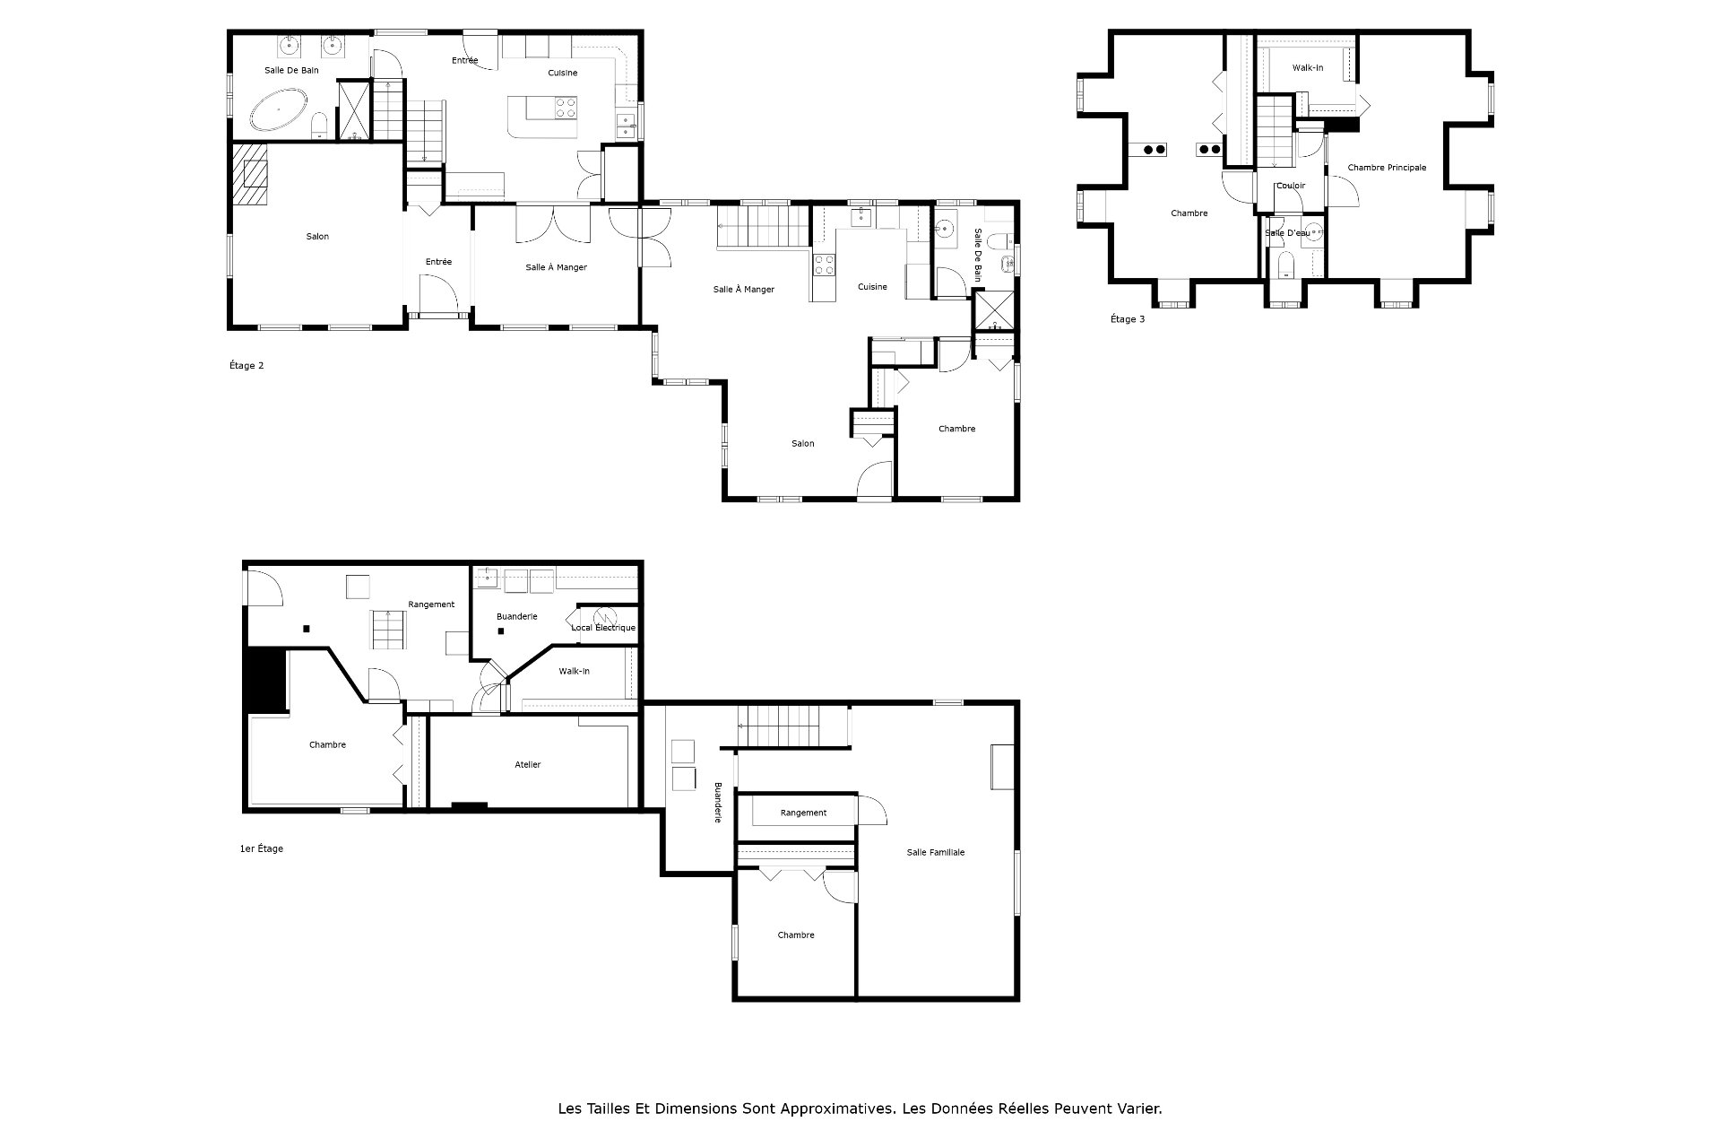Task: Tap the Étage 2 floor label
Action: [246, 366]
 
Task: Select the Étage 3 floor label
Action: [1128, 319]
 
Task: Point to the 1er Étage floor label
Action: [262, 848]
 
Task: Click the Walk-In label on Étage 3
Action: [1308, 68]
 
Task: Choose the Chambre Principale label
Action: [1387, 168]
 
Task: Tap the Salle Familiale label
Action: [936, 852]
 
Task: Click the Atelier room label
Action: [528, 765]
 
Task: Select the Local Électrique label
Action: [603, 628]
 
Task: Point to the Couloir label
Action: [1291, 186]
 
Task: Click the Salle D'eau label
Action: [1287, 233]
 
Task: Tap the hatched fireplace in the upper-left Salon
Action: [250, 176]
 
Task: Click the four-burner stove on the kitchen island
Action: [566, 108]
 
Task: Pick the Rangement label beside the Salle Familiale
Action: [803, 813]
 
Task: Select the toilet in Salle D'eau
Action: [1284, 264]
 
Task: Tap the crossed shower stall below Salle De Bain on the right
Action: [993, 312]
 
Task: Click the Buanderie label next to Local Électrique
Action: [517, 617]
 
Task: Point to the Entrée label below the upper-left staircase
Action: [438, 262]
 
